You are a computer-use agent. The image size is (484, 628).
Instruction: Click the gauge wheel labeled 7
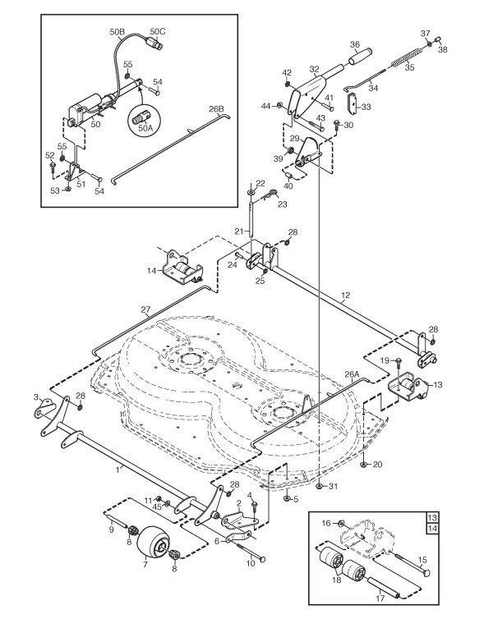click(x=151, y=543)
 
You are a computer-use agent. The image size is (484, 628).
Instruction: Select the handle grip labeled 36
click(x=360, y=57)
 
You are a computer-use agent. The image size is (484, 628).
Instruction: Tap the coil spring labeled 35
click(x=406, y=57)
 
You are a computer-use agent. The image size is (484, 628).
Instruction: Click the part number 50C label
click(x=158, y=31)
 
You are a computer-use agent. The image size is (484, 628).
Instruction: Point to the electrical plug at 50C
click(x=155, y=44)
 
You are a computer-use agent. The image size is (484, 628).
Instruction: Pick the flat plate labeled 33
click(x=353, y=103)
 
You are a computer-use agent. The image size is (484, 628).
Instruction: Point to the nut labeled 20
click(x=363, y=464)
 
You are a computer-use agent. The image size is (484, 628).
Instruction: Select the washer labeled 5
click(x=288, y=498)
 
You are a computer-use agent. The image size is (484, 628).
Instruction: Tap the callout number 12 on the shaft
click(x=346, y=296)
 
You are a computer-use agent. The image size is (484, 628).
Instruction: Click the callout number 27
click(x=145, y=309)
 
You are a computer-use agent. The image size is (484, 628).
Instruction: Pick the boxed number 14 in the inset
click(x=433, y=529)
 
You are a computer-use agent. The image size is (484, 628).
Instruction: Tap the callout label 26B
click(x=217, y=109)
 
